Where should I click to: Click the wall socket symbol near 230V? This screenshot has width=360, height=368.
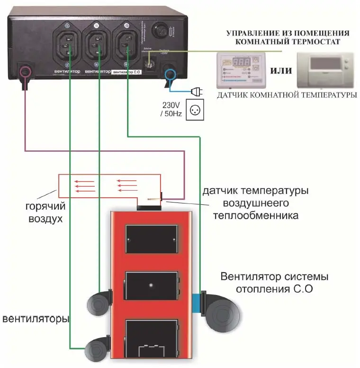click(x=194, y=110)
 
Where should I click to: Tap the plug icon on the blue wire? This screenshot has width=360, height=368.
click(x=195, y=91)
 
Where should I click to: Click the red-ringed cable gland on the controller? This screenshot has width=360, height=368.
click(x=25, y=72)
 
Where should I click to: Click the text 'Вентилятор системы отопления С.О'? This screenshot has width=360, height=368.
click(x=275, y=282)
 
